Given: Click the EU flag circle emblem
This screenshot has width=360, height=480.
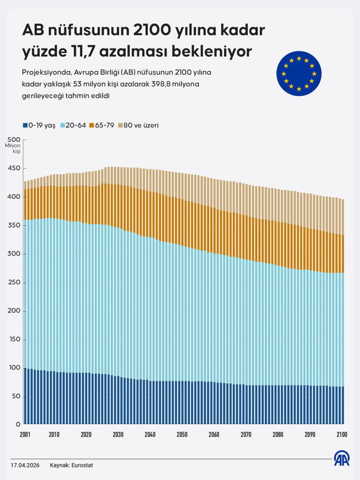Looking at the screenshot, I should [299, 73].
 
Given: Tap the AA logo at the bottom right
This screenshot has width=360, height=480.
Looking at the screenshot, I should [342, 459].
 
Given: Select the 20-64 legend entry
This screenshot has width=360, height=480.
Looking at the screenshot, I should [73, 125].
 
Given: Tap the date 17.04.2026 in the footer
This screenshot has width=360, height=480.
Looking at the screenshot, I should [25, 465].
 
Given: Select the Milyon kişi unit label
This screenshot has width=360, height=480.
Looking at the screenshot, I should [13, 148].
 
